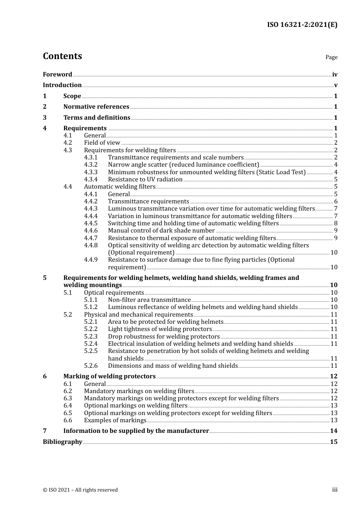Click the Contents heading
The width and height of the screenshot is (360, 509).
pos(62,56)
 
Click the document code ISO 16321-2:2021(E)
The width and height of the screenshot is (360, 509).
pos(302,25)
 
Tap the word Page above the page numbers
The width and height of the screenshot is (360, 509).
pos(331,57)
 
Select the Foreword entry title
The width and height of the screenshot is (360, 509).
pos(57,75)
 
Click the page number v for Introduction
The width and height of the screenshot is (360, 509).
pos(335,85)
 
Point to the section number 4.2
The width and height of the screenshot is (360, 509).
pos(67,143)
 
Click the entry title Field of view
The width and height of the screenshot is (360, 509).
pos(102,143)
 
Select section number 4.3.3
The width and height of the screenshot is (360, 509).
pos(91,172)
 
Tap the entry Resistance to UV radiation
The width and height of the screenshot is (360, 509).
pos(145,180)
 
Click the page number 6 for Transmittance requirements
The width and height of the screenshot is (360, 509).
pos(335,201)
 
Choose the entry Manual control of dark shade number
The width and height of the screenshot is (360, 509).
pos(161,231)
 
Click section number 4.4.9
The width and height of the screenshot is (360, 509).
pos(91,260)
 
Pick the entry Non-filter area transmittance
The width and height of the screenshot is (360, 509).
pos(149,300)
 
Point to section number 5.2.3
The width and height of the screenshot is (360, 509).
pos(91,337)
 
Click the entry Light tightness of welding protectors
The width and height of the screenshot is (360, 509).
pos(160,329)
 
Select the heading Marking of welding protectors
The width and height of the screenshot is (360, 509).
pos(110,376)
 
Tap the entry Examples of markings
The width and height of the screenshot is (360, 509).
pos(115,420)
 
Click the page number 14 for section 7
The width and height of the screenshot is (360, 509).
pos(333,431)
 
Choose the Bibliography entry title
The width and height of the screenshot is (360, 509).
pos(63,442)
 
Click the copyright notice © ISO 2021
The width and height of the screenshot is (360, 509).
pos(80,490)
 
